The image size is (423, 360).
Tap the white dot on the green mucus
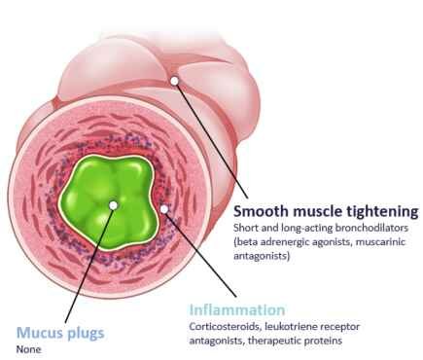[x=113, y=205]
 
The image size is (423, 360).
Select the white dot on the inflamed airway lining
[x=164, y=209]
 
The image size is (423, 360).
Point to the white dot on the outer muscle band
[x=174, y=81]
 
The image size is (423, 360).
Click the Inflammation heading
[x=237, y=310]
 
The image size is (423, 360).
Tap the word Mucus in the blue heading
[x=39, y=333]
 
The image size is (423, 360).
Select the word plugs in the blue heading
[x=86, y=334]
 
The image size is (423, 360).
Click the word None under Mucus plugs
[x=29, y=349]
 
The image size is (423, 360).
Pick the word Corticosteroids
[x=225, y=326]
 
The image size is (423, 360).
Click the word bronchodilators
[x=371, y=228]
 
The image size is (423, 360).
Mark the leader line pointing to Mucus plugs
[x=88, y=264]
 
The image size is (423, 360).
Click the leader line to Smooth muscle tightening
[x=211, y=139]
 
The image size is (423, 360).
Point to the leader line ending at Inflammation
[x=200, y=253]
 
